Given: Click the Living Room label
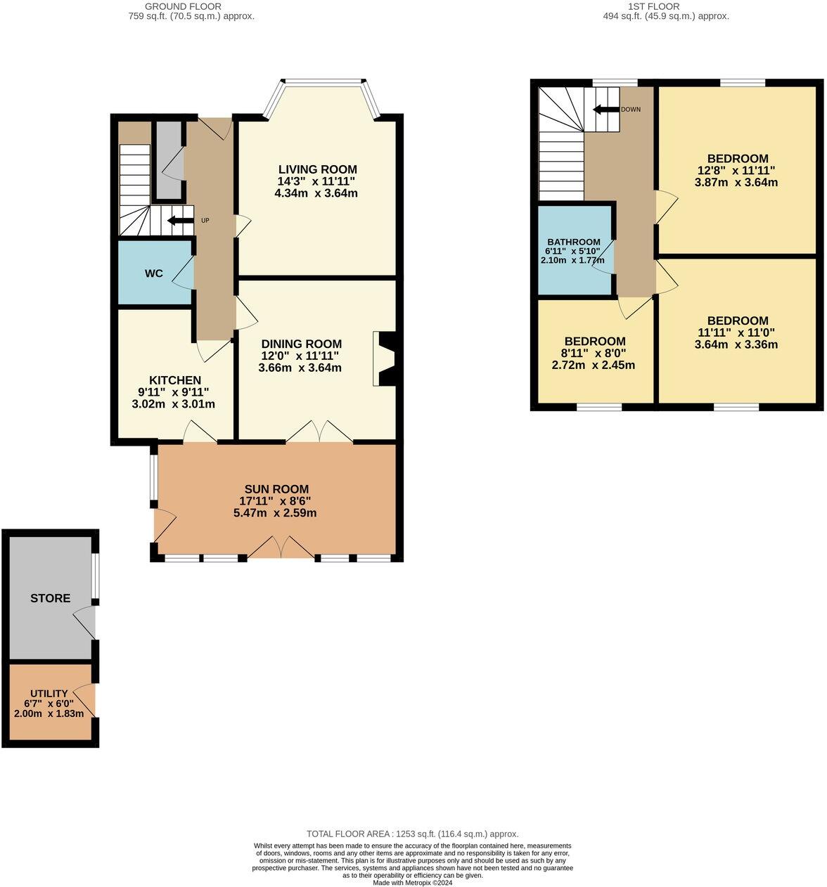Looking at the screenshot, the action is pyautogui.click(x=317, y=169).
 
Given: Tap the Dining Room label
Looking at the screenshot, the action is pyautogui.click(x=301, y=344).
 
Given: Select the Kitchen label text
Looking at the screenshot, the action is pyautogui.click(x=175, y=380).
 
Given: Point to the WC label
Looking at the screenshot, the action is pyautogui.click(x=154, y=273).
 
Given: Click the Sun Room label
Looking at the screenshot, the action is pyautogui.click(x=276, y=489).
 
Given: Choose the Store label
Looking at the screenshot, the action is pyautogui.click(x=50, y=598).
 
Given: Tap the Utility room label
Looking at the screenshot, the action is pyautogui.click(x=49, y=693).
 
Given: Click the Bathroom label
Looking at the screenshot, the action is pyautogui.click(x=574, y=242).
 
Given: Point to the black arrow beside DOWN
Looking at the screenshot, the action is pyautogui.click(x=605, y=109).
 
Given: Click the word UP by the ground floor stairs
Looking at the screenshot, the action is pyautogui.click(x=205, y=220).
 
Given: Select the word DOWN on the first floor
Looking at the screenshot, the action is pyautogui.click(x=630, y=109).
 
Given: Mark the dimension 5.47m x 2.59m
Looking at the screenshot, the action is pyautogui.click(x=275, y=512).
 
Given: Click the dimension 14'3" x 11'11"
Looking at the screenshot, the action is pyautogui.click(x=316, y=181).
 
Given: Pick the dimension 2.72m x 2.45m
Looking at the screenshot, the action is pyautogui.click(x=594, y=365).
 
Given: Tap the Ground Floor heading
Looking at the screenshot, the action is pyautogui.click(x=183, y=6).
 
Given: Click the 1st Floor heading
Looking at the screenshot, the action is pyautogui.click(x=653, y=6).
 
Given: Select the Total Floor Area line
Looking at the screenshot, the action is pyautogui.click(x=412, y=834).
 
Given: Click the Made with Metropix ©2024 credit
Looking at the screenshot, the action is pyautogui.click(x=413, y=883).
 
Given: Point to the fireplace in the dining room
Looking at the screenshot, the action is pyautogui.click(x=385, y=358).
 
